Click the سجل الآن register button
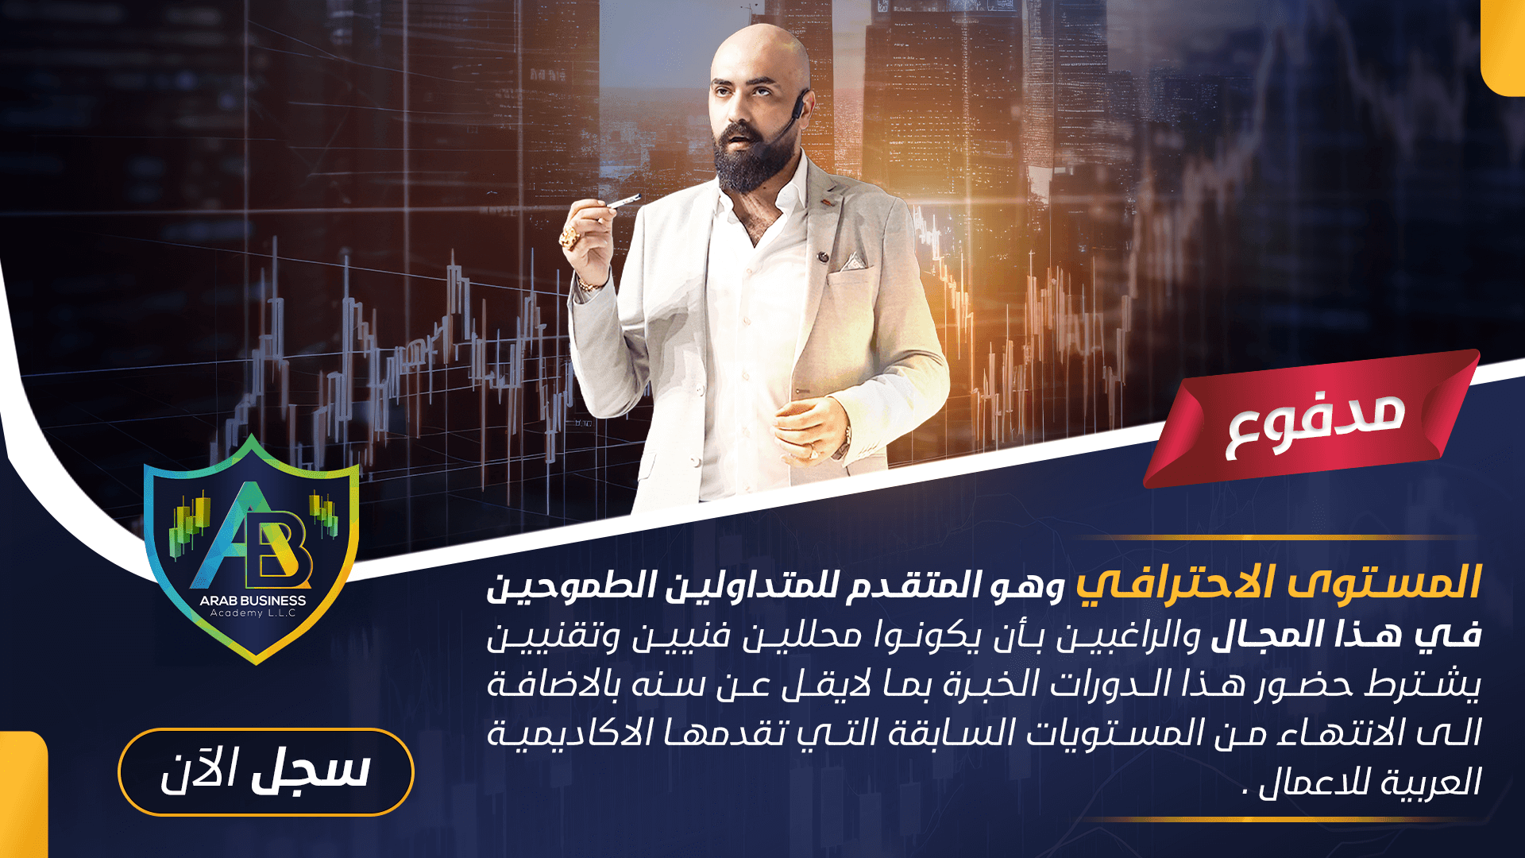tap(266, 771)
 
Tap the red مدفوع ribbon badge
tap(1311, 419)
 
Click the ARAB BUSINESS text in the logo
tap(253, 601)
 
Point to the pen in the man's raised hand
tap(624, 201)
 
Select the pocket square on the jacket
tap(855, 261)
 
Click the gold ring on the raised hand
tap(569, 236)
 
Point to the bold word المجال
tap(1264, 634)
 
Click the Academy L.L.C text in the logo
tap(253, 613)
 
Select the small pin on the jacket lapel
tap(824, 257)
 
